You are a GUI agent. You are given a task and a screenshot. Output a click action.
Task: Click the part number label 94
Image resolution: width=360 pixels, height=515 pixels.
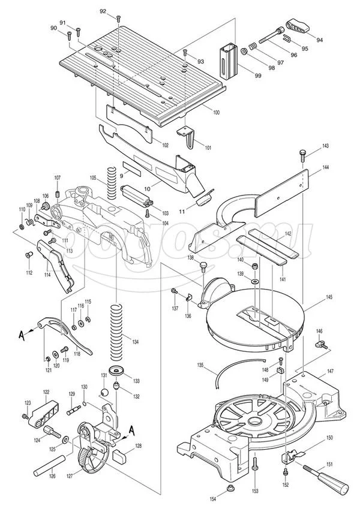[x=319, y=40]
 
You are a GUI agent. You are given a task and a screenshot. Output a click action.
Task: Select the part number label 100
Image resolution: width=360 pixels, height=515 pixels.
[x=216, y=113]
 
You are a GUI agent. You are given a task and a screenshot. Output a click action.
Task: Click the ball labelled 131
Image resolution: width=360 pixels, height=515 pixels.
[x=105, y=391]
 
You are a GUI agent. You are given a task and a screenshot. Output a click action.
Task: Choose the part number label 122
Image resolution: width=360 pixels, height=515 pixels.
[x=46, y=391]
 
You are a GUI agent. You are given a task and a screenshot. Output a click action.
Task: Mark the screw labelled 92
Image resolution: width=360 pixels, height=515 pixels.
[x=119, y=19]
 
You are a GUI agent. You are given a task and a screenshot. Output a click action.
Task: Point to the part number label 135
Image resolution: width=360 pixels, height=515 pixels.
[x=200, y=365]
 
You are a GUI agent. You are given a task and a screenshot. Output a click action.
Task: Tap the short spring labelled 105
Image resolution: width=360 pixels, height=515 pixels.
[x=111, y=180]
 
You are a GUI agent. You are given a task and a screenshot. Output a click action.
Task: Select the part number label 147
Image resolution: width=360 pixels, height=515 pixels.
[x=329, y=372]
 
